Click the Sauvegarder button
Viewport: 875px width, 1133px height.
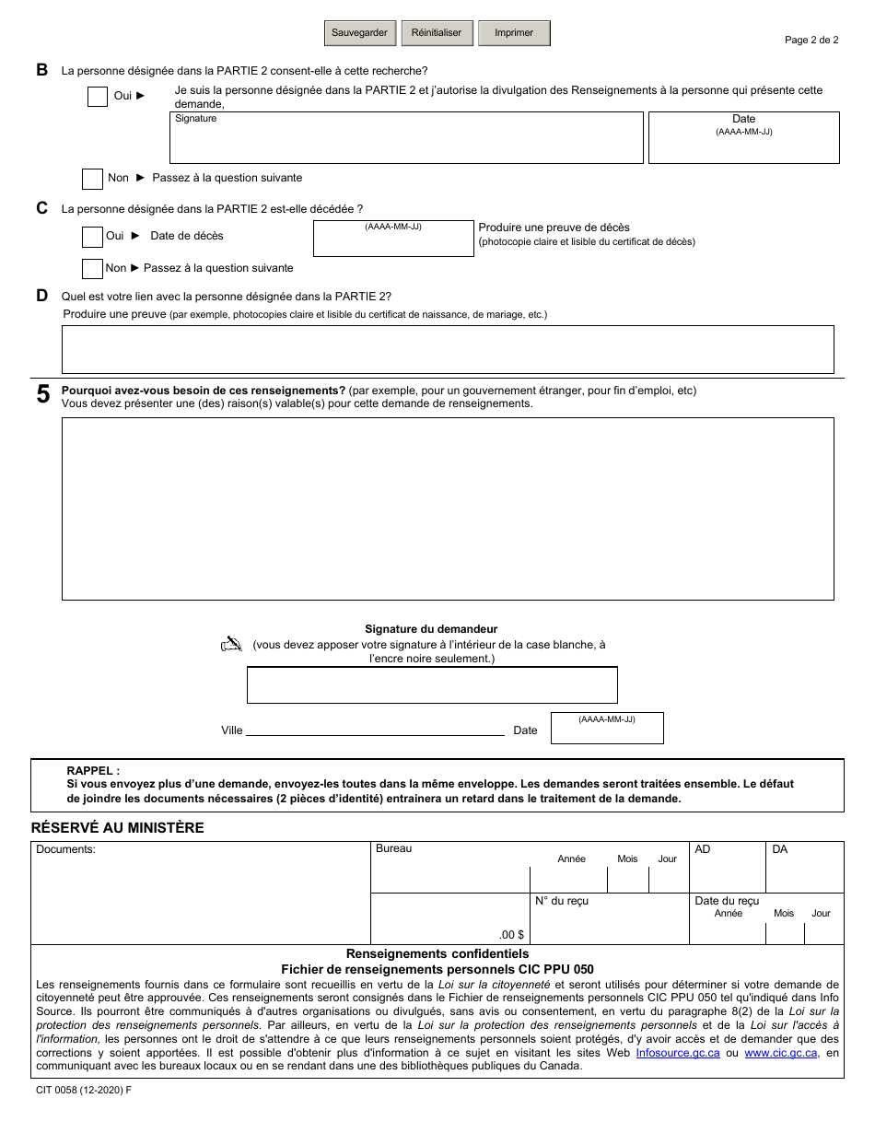coord(360,33)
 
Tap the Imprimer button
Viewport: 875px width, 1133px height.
coord(514,33)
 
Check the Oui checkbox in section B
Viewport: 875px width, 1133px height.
coord(98,96)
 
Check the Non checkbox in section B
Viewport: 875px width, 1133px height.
coord(92,179)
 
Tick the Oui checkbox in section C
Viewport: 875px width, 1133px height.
coord(92,237)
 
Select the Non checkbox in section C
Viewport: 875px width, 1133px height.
coord(92,269)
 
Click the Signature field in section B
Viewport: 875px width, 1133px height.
coord(406,138)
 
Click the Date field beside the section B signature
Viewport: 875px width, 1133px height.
coord(743,138)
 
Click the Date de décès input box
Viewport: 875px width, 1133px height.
coord(393,239)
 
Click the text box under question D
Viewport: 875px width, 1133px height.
coord(448,349)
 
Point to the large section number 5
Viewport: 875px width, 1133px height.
coord(43,396)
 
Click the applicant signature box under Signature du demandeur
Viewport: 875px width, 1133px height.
coord(432,684)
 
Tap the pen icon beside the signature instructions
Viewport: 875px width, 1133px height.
coord(231,645)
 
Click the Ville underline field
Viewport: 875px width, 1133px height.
coord(375,730)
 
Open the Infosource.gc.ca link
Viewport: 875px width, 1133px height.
coord(678,1053)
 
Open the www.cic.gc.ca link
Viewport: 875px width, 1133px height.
coord(781,1053)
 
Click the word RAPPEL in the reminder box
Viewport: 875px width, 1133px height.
coord(93,771)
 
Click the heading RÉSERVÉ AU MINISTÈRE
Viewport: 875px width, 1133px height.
coord(118,828)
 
